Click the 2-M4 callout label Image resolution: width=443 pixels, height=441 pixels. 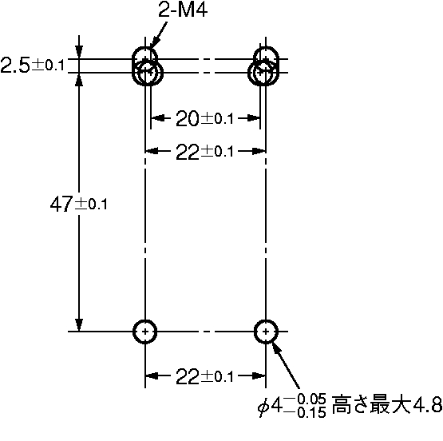(x=183, y=10)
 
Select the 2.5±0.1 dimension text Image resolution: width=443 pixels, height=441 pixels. (x=33, y=65)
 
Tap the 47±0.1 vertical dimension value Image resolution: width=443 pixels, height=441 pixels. (x=79, y=204)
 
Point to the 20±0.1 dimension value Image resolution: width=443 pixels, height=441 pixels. (x=204, y=118)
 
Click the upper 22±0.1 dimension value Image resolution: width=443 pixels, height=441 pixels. (x=204, y=152)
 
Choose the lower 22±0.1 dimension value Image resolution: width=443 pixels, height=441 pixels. (x=204, y=376)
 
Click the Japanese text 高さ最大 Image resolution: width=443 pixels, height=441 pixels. (x=371, y=404)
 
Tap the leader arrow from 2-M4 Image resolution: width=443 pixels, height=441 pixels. (x=158, y=36)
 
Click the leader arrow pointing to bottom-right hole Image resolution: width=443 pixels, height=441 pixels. (x=286, y=364)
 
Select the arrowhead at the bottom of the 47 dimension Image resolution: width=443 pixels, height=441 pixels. (x=79, y=325)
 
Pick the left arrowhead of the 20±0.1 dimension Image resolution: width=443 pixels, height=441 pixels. (x=157, y=118)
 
